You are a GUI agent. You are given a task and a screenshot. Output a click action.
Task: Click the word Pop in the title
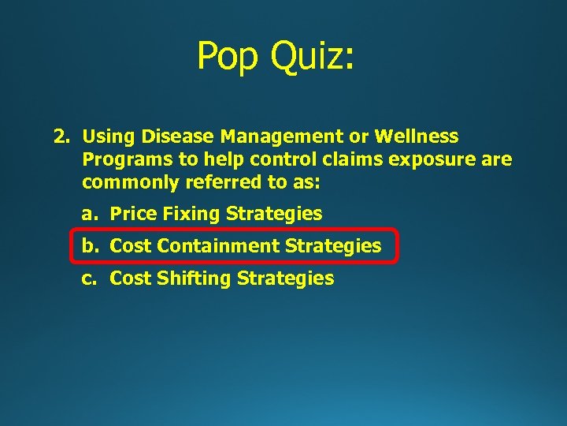click(x=228, y=56)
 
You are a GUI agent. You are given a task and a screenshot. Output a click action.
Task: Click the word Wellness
click(x=416, y=137)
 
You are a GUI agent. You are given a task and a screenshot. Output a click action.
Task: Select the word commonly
click(x=127, y=183)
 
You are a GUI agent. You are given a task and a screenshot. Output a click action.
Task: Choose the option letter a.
click(x=88, y=214)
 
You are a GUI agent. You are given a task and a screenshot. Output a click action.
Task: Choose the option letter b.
click(x=88, y=246)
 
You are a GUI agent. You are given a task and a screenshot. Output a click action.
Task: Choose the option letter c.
click(x=88, y=278)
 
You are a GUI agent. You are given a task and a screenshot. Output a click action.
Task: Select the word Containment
click(x=218, y=246)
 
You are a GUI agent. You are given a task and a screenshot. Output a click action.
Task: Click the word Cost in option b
click(x=131, y=246)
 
